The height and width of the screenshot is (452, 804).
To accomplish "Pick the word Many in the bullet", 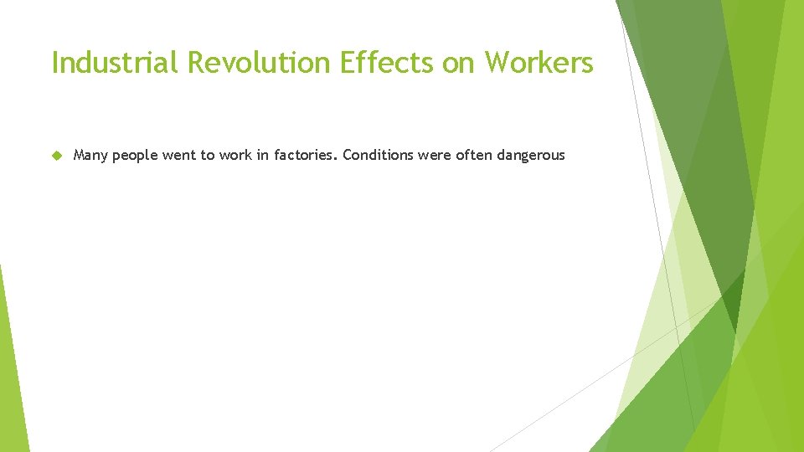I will click(x=90, y=156).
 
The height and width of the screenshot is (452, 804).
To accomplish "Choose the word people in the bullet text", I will click(x=136, y=156).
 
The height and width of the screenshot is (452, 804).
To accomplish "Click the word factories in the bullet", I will click(x=305, y=156).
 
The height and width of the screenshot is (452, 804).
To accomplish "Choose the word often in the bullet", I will click(x=474, y=156).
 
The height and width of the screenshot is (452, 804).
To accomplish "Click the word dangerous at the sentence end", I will click(x=531, y=156).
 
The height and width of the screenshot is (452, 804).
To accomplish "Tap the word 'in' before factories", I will click(x=264, y=156).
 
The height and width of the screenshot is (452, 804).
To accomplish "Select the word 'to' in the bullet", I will click(x=208, y=156).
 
